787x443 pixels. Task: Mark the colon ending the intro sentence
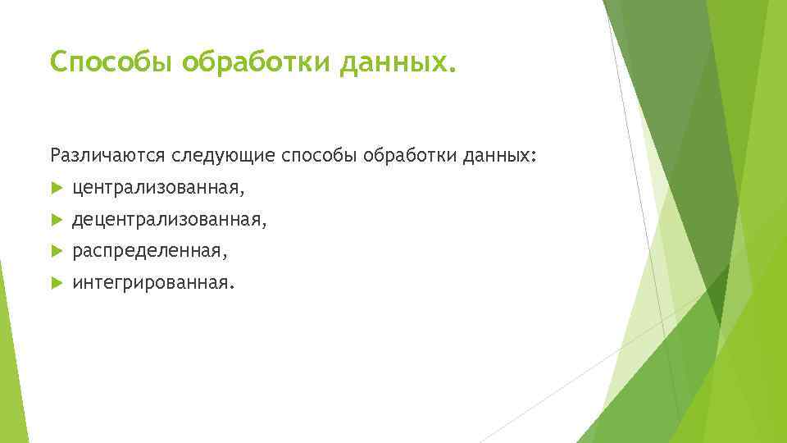point(537,156)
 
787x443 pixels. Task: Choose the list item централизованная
point(156,189)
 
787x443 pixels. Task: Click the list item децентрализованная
point(167,221)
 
